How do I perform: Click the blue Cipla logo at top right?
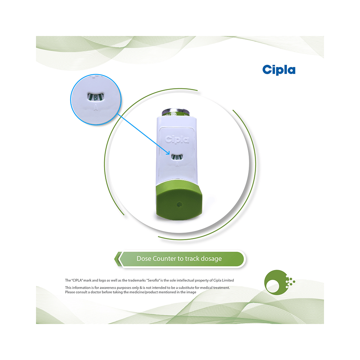pos(279,70)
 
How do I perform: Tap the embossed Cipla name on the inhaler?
pos(177,139)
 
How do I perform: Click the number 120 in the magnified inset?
pos(96,97)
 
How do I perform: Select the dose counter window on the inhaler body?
pos(177,157)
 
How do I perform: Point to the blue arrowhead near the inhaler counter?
pos(168,153)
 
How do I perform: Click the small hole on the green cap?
pos(180,204)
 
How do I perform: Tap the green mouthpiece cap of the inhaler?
pos(179,200)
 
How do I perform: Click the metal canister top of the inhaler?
pos(176,112)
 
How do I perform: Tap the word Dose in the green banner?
pos(144,259)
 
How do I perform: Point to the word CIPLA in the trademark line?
pos(77,280)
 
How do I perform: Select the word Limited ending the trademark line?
pos(228,280)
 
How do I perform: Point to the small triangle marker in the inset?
pos(96,107)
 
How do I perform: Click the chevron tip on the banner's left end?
pos(115,259)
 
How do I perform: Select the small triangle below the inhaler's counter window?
pos(177,164)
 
